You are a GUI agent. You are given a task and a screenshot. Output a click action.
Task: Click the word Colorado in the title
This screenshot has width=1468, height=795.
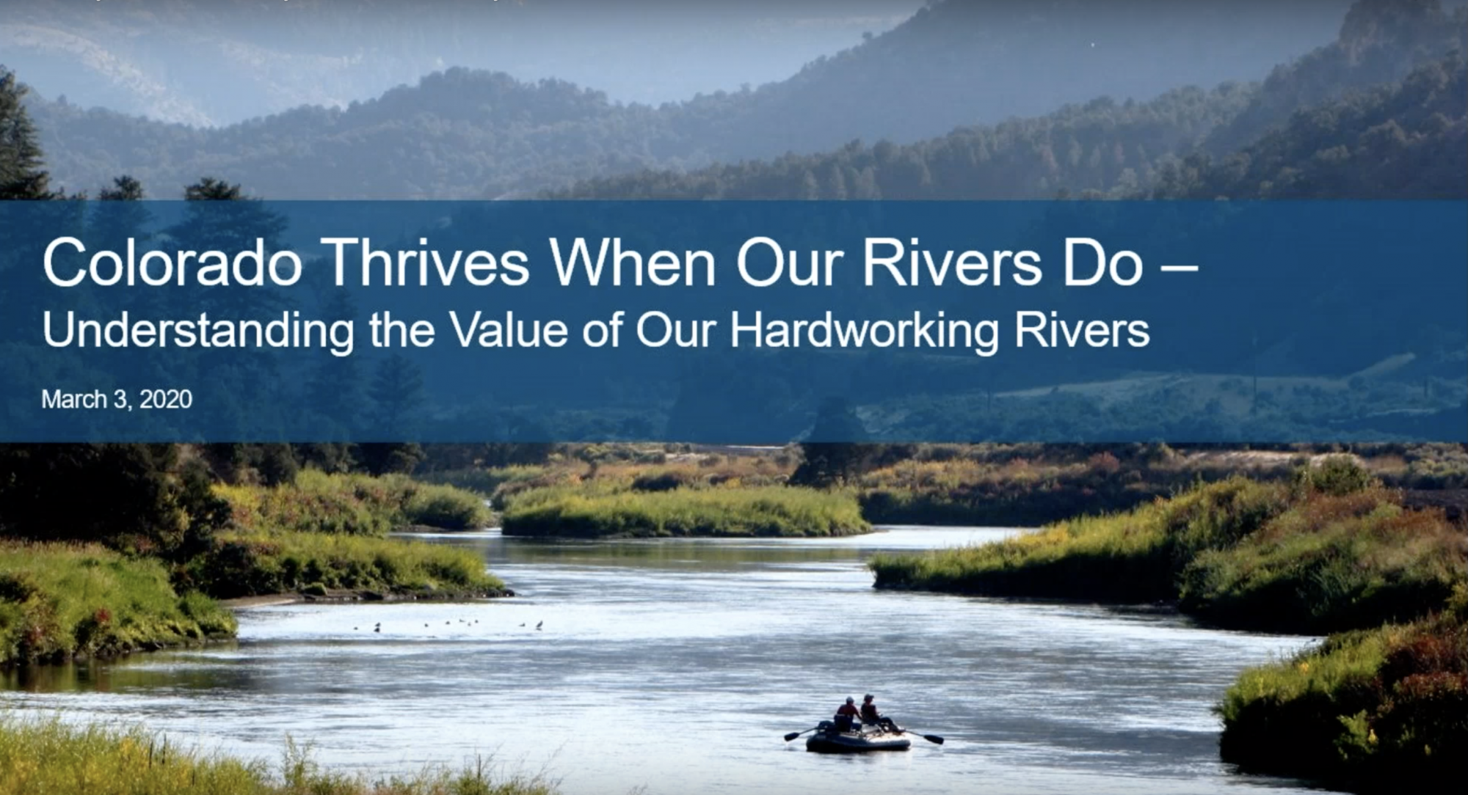coord(172,262)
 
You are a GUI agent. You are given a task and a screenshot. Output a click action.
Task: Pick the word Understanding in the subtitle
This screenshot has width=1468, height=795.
coord(198,331)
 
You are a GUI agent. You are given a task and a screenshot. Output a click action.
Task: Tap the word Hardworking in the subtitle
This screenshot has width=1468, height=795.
coord(864,331)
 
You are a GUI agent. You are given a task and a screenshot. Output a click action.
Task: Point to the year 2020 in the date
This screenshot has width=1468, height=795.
coord(166,399)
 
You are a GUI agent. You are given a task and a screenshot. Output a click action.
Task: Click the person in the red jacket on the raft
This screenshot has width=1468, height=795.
coord(848,714)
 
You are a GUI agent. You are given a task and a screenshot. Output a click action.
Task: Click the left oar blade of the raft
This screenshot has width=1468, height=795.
coord(791,736)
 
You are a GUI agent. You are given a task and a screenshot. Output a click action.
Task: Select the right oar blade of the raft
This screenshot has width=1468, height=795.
coord(934,739)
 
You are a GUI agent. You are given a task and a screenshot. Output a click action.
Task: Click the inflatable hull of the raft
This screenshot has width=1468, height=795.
coord(857,740)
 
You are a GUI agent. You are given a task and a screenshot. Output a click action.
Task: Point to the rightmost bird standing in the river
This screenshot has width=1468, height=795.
coord(539,626)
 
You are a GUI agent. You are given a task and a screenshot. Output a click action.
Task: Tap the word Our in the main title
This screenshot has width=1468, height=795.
coord(789,262)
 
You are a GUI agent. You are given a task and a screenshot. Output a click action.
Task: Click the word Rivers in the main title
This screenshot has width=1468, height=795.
coord(952,262)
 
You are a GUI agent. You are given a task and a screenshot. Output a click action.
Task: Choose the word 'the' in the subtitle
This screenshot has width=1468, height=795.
coord(402,329)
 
